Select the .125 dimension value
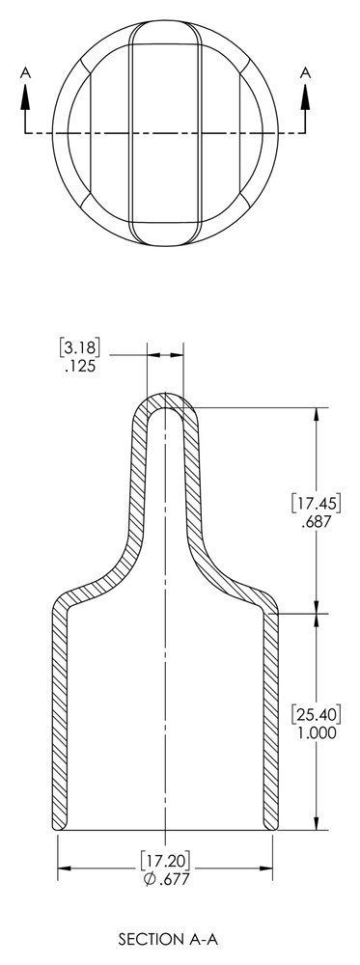[x=81, y=367]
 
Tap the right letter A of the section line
[x=306, y=70]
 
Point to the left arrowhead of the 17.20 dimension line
[x=64, y=869]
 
